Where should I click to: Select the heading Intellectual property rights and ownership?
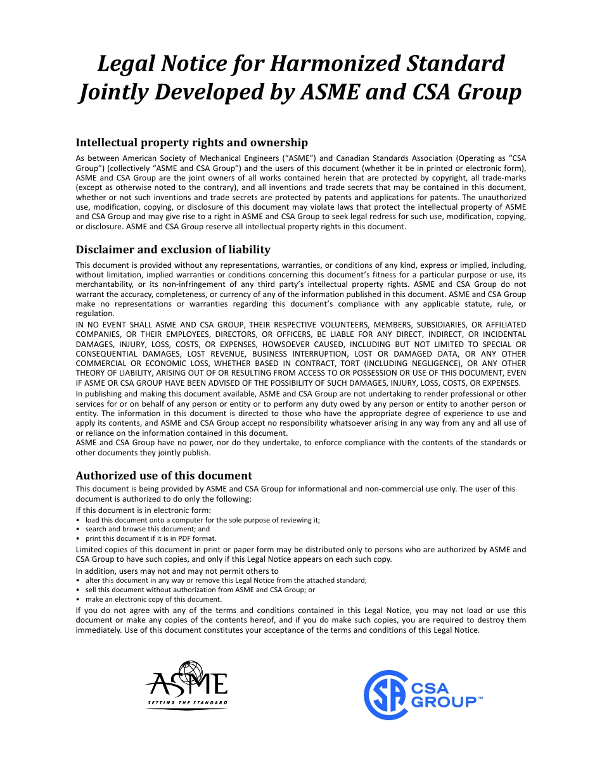[x=191, y=142]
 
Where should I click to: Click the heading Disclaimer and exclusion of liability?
[x=173, y=250]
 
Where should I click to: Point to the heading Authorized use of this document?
[x=163, y=476]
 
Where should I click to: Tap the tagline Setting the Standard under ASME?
[x=187, y=703]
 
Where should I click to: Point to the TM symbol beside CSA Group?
[x=480, y=697]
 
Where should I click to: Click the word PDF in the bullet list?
[x=184, y=538]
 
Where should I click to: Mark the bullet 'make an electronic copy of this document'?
[x=153, y=599]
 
